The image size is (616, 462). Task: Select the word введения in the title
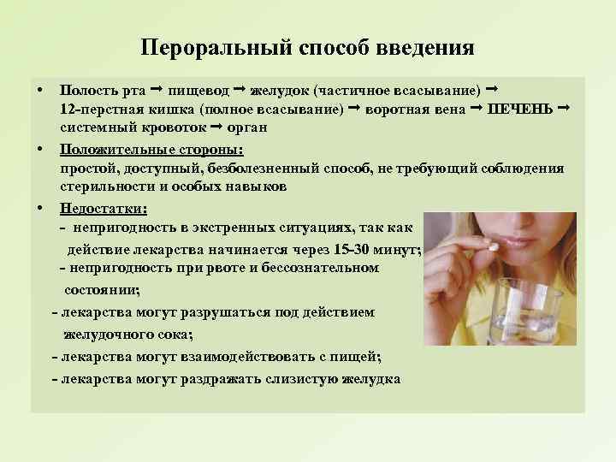point(424,47)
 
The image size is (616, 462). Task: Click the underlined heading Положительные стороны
point(151,150)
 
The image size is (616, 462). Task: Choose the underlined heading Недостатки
point(104,208)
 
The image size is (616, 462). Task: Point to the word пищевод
point(199,90)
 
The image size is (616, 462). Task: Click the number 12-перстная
point(93,110)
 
